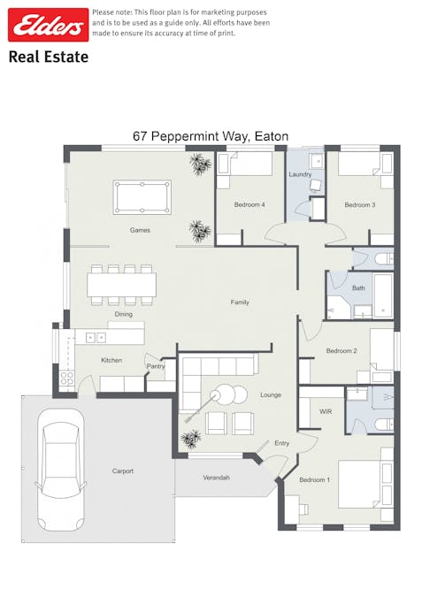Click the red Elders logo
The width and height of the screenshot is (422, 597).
click(x=49, y=25)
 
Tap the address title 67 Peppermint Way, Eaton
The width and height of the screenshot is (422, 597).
click(x=211, y=136)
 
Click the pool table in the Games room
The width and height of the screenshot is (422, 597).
click(x=142, y=197)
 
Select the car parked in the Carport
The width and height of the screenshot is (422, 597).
click(x=61, y=470)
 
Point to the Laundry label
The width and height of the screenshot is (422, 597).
click(x=300, y=174)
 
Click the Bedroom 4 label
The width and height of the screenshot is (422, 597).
click(x=249, y=205)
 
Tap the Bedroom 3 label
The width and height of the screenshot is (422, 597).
click(x=360, y=205)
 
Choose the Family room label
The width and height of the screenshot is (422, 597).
click(x=240, y=302)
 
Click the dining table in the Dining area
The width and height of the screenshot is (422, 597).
click(x=121, y=285)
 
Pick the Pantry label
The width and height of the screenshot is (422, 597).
click(x=156, y=366)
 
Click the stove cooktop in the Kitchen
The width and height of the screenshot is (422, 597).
click(x=67, y=379)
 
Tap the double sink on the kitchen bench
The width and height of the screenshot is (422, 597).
click(x=96, y=337)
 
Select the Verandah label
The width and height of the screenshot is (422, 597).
click(x=217, y=478)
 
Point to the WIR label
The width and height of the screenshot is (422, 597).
click(x=326, y=411)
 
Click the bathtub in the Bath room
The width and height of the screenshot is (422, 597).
click(x=383, y=295)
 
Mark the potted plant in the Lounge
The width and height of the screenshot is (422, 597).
click(x=191, y=439)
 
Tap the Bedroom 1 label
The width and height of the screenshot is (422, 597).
click(x=315, y=479)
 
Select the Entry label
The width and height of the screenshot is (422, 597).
click(x=282, y=443)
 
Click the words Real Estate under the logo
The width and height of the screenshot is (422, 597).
click(x=49, y=57)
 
